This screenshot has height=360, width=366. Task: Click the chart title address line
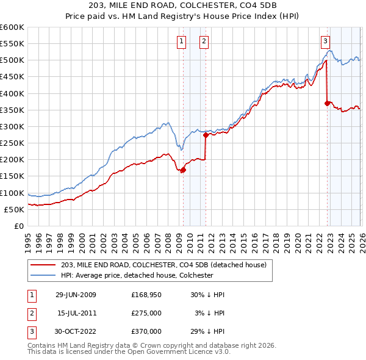pyautogui.click(x=182, y=7)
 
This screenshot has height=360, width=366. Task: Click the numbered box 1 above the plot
pyautogui.click(x=182, y=41)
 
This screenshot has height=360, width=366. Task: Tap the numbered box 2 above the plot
pyautogui.click(x=203, y=41)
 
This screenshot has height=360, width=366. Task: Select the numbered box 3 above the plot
pyautogui.click(x=325, y=41)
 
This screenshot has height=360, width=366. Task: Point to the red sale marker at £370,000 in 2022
pyautogui.click(x=328, y=104)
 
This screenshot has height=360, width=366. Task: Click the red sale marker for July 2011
pyautogui.click(x=206, y=135)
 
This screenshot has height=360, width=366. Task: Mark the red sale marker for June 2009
pyautogui.click(x=183, y=170)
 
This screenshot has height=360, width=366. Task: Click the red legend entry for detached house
pyautogui.click(x=163, y=265)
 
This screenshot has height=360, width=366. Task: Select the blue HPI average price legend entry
pyautogui.click(x=137, y=275)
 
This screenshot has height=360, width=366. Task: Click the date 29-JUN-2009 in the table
pyautogui.click(x=76, y=294)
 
